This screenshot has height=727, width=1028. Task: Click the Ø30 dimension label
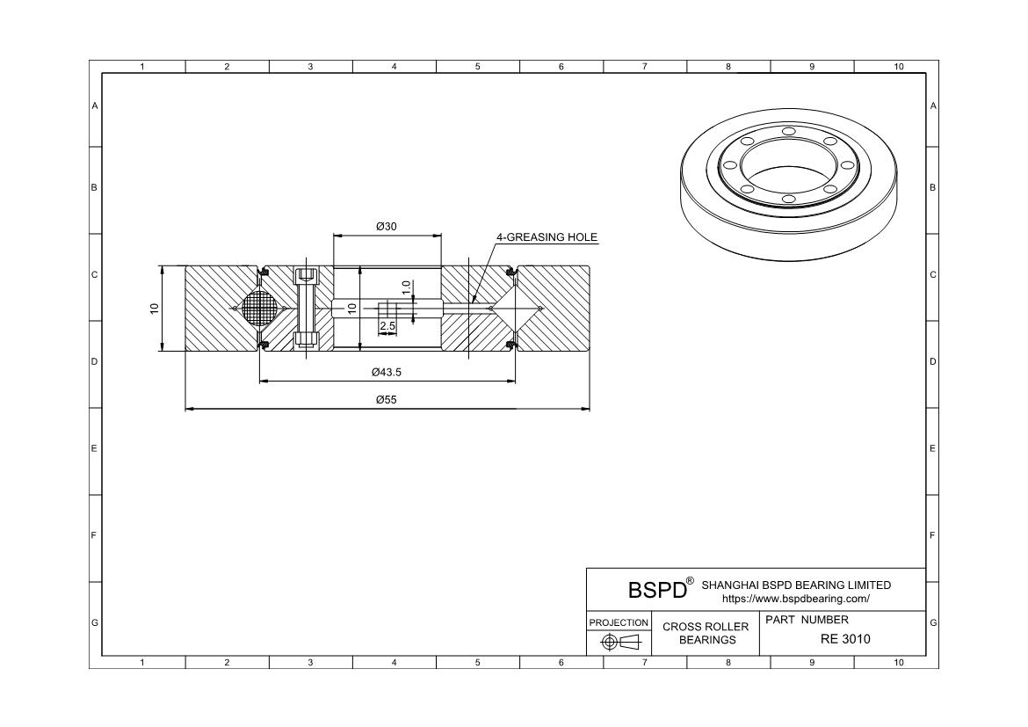(386, 227)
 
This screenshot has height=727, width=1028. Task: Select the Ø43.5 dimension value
(386, 372)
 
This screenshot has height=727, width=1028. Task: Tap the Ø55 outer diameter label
(386, 400)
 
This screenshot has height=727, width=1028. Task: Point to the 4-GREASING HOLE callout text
(547, 236)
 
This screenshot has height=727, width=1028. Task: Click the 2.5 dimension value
(387, 326)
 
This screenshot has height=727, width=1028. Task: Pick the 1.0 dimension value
(407, 287)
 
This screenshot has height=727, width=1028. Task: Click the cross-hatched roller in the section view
(260, 308)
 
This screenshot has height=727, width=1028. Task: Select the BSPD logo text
(657, 590)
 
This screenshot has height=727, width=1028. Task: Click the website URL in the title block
(796, 599)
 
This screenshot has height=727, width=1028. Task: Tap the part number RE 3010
(845, 639)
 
